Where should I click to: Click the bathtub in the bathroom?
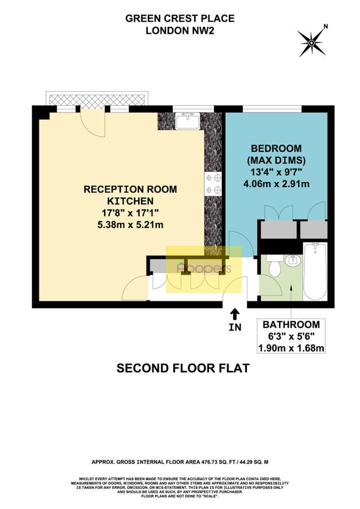point(315,271)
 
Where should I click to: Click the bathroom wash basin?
point(293,261)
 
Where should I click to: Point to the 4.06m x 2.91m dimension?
point(276,184)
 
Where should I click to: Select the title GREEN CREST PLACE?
point(179,19)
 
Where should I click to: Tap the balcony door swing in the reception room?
point(89,119)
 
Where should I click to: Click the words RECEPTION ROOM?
point(130,189)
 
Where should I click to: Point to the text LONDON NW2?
point(179,31)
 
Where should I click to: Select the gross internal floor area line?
point(179,461)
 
